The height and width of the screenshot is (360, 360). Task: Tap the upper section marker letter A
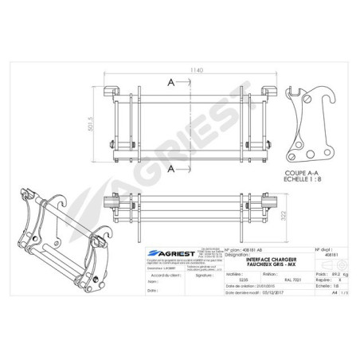coord(171,82)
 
